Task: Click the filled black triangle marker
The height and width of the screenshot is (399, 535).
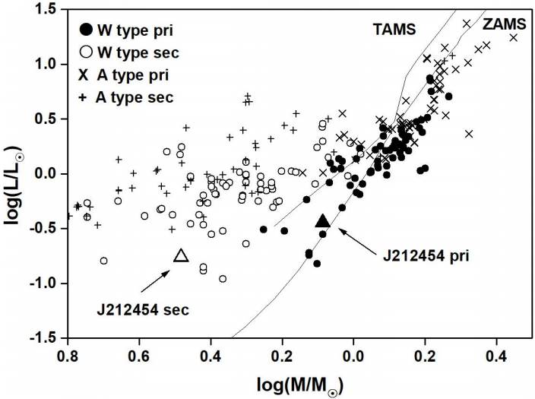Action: pyautogui.click(x=322, y=220)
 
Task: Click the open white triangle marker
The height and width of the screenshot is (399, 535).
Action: pyautogui.click(x=181, y=255)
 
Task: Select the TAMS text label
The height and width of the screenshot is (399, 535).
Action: pyautogui.click(x=394, y=30)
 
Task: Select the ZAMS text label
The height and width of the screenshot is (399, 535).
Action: pyautogui.click(x=502, y=24)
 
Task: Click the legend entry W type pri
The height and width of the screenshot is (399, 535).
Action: pyautogui.click(x=125, y=30)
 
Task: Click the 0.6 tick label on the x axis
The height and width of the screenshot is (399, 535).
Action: pyautogui.click(x=139, y=355)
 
